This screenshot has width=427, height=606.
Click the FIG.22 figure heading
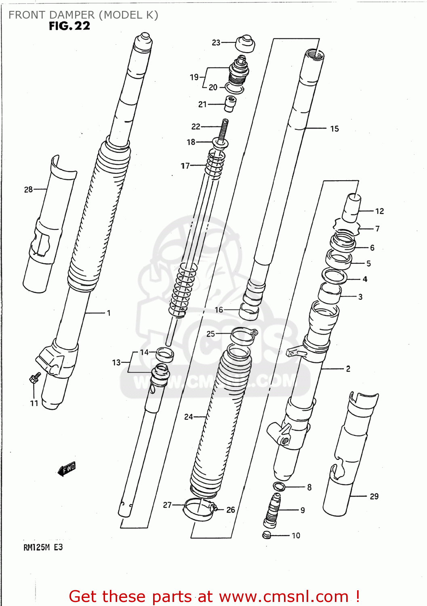tap(69, 26)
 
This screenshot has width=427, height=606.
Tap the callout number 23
tap(216, 42)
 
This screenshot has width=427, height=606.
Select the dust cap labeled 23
tap(245, 44)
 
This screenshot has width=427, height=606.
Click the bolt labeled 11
tap(34, 378)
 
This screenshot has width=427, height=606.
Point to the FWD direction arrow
tap(67, 469)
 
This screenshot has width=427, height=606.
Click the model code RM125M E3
tap(43, 547)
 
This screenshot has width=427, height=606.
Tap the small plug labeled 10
tap(267, 535)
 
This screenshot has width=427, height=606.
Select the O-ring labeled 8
tap(279, 486)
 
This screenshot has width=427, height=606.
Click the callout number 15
tap(334, 129)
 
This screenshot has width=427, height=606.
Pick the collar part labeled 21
tap(230, 104)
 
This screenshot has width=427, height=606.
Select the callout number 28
tap(28, 189)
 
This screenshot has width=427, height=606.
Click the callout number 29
tap(374, 497)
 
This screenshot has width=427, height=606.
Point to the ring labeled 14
tap(165, 354)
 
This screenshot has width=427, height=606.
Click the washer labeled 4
tap(334, 276)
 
